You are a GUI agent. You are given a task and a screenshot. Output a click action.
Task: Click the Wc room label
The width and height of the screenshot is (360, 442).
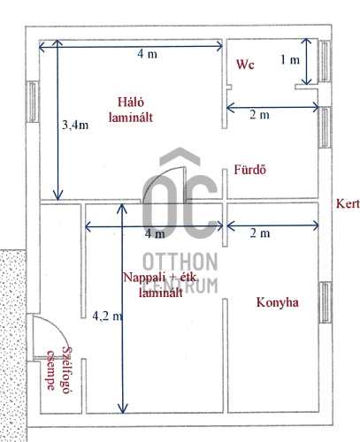(245, 65)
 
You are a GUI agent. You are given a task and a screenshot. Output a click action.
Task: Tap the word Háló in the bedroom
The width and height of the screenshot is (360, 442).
(131, 103)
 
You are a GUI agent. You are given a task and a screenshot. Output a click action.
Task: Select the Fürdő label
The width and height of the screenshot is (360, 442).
(250, 170)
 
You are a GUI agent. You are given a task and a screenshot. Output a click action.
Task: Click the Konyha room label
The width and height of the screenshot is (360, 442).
(277, 302)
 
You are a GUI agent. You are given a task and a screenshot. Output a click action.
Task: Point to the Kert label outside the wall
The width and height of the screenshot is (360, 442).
(348, 203)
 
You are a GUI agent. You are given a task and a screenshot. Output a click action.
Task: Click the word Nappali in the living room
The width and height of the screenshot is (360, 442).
(141, 278)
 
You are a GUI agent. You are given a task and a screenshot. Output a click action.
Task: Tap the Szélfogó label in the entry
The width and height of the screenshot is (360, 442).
(67, 370)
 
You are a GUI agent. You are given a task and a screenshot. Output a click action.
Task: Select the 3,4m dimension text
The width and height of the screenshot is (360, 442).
(75, 125)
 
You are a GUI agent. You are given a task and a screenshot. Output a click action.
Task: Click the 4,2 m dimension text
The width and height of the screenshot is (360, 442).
(107, 316)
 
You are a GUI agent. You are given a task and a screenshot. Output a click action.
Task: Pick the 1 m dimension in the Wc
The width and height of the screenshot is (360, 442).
(290, 60)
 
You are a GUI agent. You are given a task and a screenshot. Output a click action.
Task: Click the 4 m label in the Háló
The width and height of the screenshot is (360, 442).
(147, 54)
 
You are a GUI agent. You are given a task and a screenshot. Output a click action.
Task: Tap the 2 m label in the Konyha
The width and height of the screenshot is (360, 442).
(260, 233)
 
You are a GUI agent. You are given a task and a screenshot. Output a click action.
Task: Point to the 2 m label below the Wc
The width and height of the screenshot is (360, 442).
(259, 114)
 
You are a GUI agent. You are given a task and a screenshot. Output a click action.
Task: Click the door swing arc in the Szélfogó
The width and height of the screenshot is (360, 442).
(57, 327)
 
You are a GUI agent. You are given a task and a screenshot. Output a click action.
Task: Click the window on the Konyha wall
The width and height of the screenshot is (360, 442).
(326, 302)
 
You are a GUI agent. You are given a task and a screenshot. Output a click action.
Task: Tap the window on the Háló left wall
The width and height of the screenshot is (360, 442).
(33, 102)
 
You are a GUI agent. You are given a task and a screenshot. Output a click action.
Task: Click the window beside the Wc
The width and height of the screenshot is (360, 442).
(325, 61)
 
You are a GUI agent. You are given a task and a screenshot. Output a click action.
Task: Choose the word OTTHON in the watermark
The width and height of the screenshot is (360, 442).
(180, 262)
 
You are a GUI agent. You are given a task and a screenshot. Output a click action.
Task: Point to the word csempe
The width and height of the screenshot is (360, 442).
(51, 370)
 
